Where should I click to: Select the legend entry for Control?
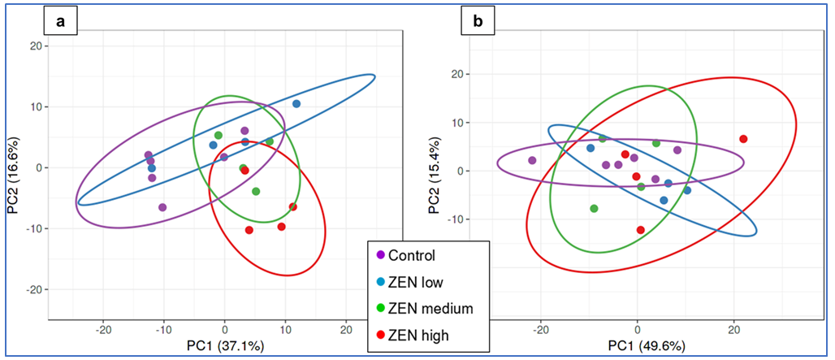click(411, 256)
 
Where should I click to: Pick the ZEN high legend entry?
click(417, 335)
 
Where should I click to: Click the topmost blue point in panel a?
click(296, 104)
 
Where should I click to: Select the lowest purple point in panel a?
click(162, 207)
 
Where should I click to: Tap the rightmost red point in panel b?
click(743, 139)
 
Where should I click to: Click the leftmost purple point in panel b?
click(532, 161)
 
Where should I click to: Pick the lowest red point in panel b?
click(641, 230)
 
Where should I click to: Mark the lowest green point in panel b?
click(594, 209)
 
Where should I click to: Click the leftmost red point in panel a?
click(244, 170)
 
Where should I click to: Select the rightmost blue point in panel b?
click(687, 190)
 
